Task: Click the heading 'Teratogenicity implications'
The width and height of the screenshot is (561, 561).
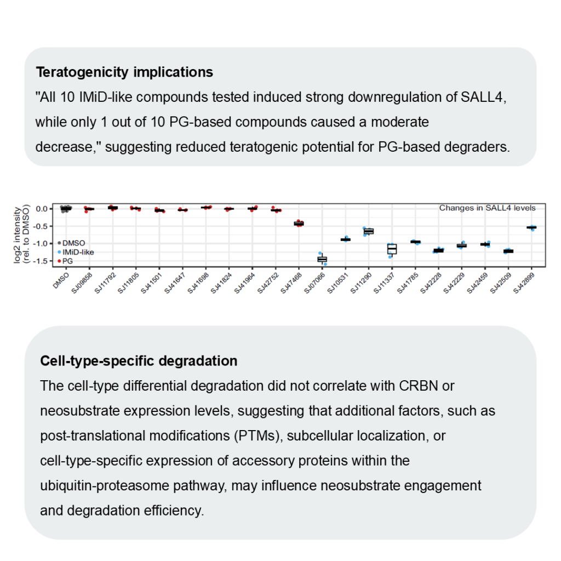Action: (124, 72)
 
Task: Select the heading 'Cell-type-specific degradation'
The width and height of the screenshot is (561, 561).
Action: (139, 362)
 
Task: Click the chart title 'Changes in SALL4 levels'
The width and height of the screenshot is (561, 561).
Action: (487, 208)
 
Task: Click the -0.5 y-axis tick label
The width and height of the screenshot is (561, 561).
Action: (42, 226)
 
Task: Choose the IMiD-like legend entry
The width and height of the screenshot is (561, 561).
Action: (75, 252)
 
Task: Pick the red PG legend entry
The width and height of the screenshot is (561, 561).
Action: (68, 261)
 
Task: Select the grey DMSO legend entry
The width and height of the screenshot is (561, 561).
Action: (73, 243)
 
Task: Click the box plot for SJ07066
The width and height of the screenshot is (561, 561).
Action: (322, 259)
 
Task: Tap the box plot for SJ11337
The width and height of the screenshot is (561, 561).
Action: (392, 249)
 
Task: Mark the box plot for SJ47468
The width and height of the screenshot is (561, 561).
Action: (299, 224)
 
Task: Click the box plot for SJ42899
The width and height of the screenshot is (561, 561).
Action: (531, 227)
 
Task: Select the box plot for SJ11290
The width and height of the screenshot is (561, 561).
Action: (369, 231)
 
